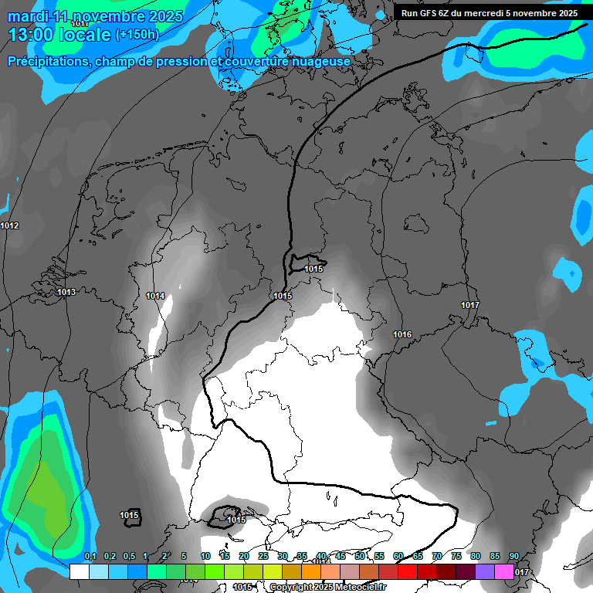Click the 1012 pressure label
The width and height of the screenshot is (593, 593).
click(x=10, y=225)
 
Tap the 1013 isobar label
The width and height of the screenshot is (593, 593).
click(x=66, y=293)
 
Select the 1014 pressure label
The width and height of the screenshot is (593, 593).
click(x=155, y=296)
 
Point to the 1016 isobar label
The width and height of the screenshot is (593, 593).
click(x=402, y=334)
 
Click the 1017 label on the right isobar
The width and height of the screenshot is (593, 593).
click(x=470, y=305)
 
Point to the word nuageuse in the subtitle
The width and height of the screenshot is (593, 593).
click(x=320, y=61)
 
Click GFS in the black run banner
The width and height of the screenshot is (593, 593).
click(x=431, y=13)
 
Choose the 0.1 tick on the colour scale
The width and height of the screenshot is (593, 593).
click(x=90, y=556)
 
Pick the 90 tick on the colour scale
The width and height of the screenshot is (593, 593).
click(x=514, y=556)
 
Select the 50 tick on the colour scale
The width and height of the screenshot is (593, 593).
click(x=360, y=556)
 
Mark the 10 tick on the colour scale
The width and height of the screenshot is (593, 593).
click(x=205, y=556)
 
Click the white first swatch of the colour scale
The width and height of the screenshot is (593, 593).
click(x=79, y=572)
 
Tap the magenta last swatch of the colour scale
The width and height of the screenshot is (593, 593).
click(x=504, y=572)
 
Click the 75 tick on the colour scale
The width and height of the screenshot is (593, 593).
click(x=456, y=556)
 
